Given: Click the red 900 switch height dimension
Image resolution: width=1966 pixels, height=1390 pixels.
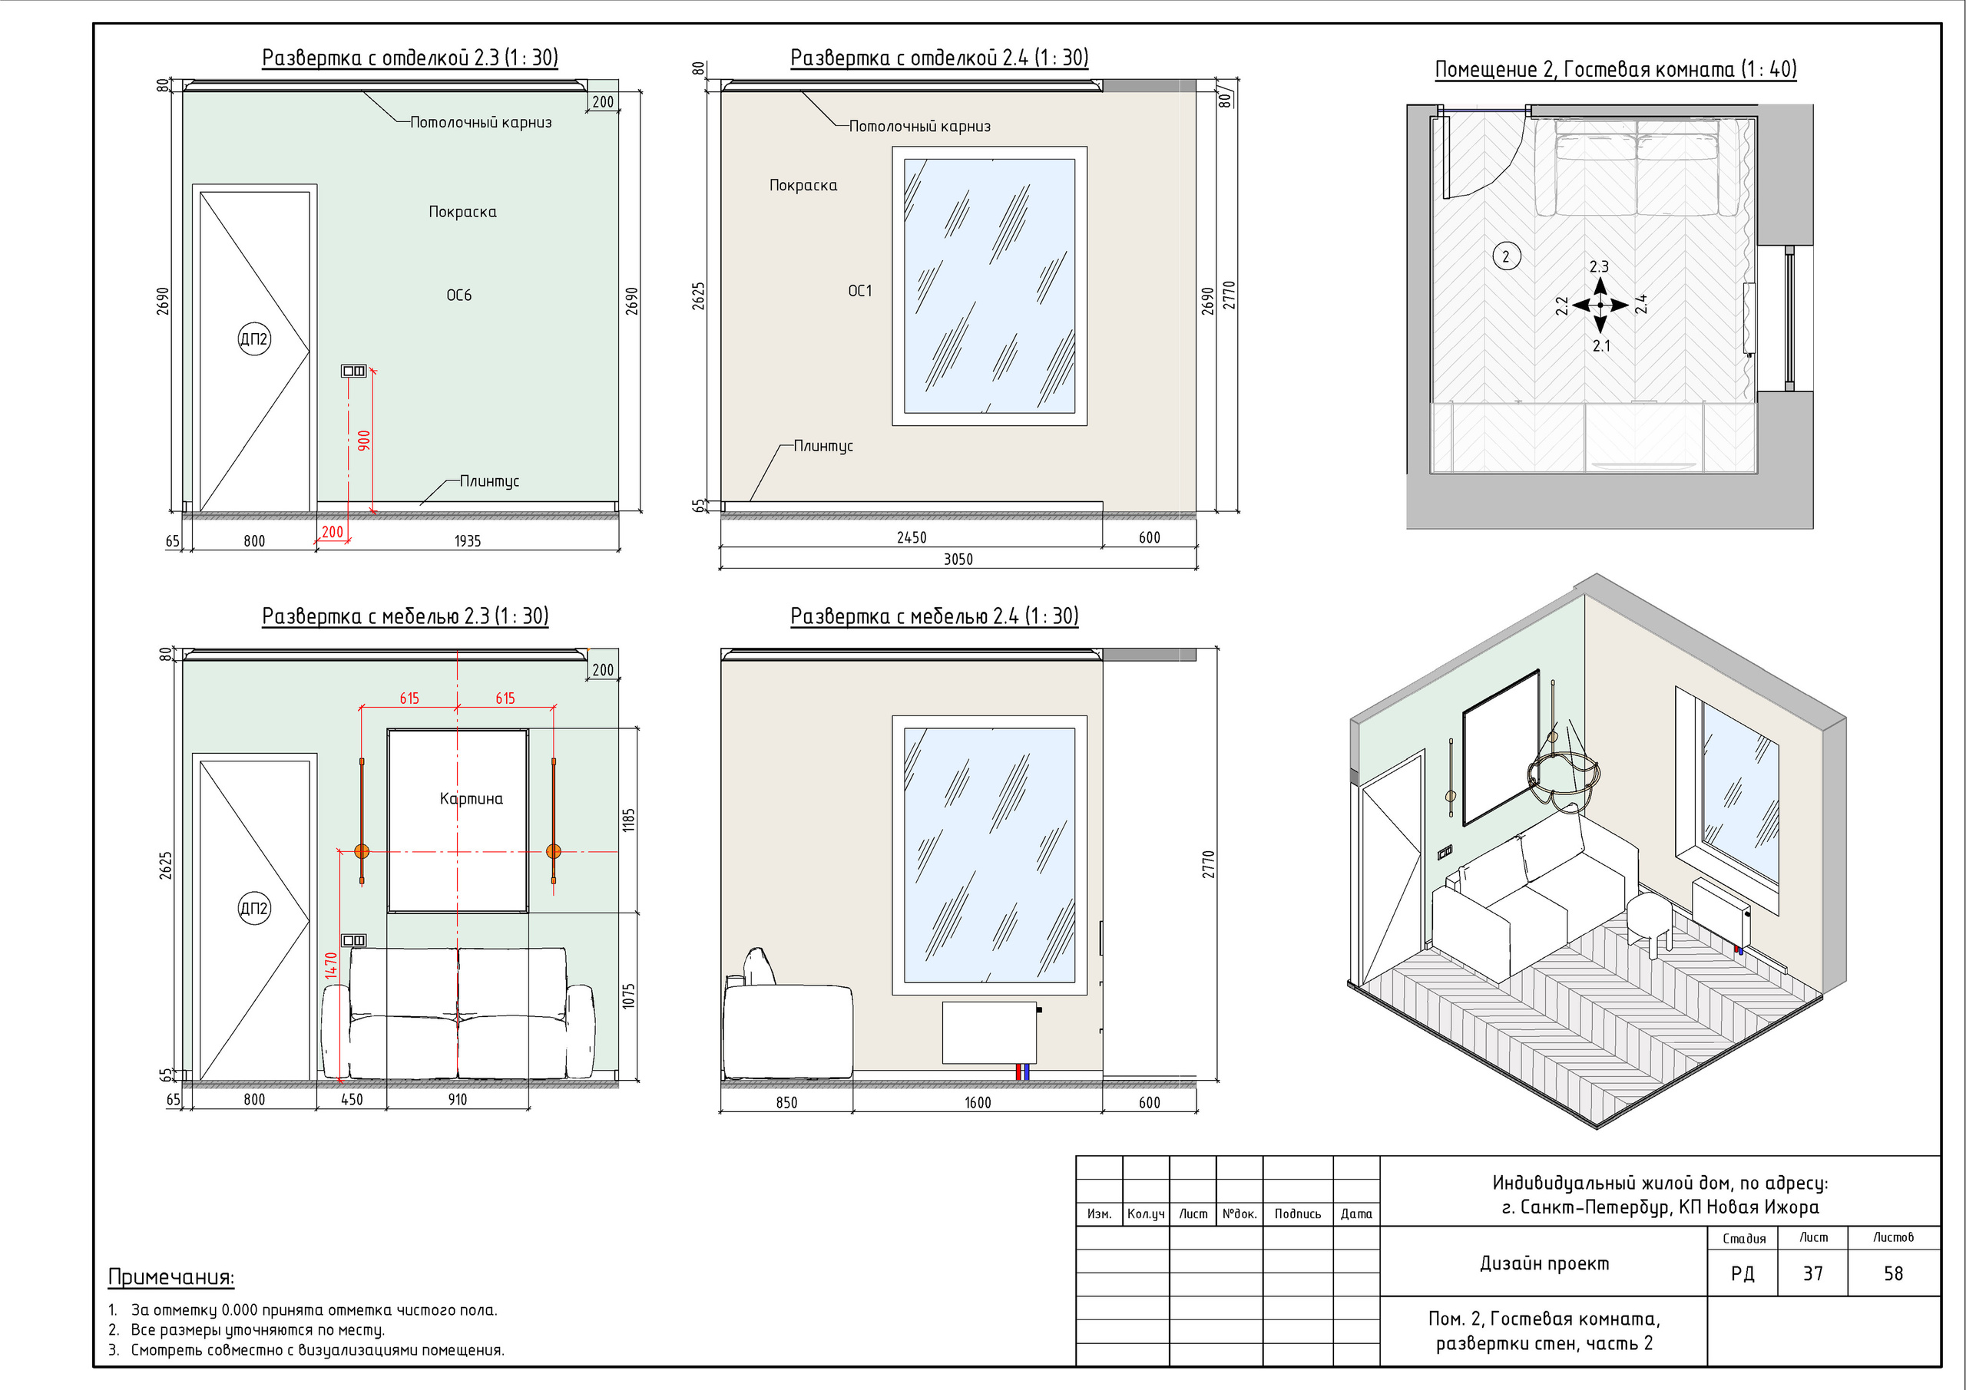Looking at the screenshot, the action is click(x=364, y=441).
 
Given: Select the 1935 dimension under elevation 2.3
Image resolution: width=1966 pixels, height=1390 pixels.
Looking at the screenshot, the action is click(x=468, y=541).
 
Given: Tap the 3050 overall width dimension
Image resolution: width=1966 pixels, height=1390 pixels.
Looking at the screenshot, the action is click(x=958, y=559).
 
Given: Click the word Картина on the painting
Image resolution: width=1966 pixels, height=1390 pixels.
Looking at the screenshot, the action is click(x=471, y=798).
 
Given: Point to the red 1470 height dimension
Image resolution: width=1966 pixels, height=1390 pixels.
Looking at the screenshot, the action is click(x=331, y=966).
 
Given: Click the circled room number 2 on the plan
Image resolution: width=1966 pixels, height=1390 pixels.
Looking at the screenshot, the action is click(x=1506, y=256).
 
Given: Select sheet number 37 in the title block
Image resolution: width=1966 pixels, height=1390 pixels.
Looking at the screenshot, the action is click(x=1812, y=1273).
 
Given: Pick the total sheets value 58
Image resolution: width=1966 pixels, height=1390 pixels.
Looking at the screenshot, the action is click(x=1893, y=1273).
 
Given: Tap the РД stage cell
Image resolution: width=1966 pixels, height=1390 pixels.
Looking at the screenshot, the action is click(x=1743, y=1273).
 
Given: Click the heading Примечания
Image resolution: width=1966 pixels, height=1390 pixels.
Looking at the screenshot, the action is click(x=171, y=1277).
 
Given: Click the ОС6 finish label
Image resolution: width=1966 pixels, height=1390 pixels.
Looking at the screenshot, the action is click(x=459, y=295).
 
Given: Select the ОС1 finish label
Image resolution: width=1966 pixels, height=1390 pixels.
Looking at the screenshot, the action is click(x=859, y=291).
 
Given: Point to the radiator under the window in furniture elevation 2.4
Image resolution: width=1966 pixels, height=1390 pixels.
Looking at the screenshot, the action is click(x=990, y=1032).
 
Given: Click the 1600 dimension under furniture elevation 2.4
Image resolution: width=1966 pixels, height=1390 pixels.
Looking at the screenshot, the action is click(x=978, y=1102).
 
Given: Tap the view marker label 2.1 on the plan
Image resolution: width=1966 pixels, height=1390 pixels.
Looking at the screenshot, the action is click(x=1601, y=346).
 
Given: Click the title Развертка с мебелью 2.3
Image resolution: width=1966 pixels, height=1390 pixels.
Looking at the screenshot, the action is click(x=405, y=616).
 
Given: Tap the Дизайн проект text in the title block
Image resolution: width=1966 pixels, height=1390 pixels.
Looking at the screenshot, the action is click(x=1544, y=1263).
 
